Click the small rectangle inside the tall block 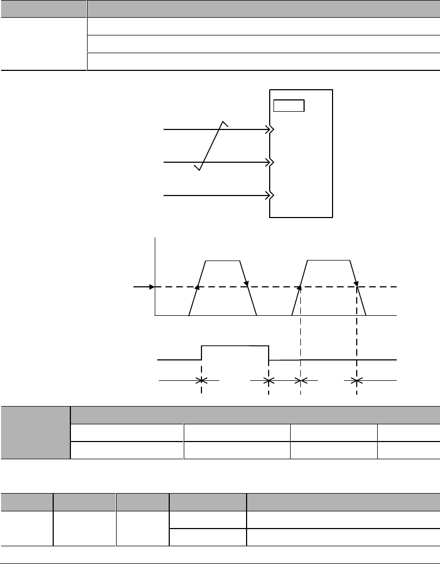[x=289, y=105]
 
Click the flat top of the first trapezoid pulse [x=224, y=260]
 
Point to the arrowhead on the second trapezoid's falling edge [x=356, y=284]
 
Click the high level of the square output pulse [x=235, y=346]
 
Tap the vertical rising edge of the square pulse [x=201, y=352]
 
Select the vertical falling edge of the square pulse [x=268, y=353]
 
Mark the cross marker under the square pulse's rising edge [x=201, y=381]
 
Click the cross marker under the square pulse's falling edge [x=268, y=381]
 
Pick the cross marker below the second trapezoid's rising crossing [x=300, y=381]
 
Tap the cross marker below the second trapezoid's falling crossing [x=356, y=381]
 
